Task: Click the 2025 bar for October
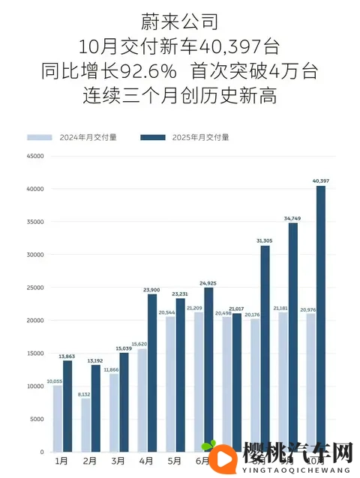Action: tap(321, 318)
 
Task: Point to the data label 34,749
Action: tap(292, 218)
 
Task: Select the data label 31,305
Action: tap(265, 240)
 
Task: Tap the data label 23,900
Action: tap(152, 289)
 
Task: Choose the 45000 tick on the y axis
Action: tap(34, 157)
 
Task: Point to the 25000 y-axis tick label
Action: tap(34, 288)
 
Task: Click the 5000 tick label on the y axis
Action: tap(36, 420)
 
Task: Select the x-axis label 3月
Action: tap(118, 462)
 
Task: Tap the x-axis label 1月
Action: tap(62, 462)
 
